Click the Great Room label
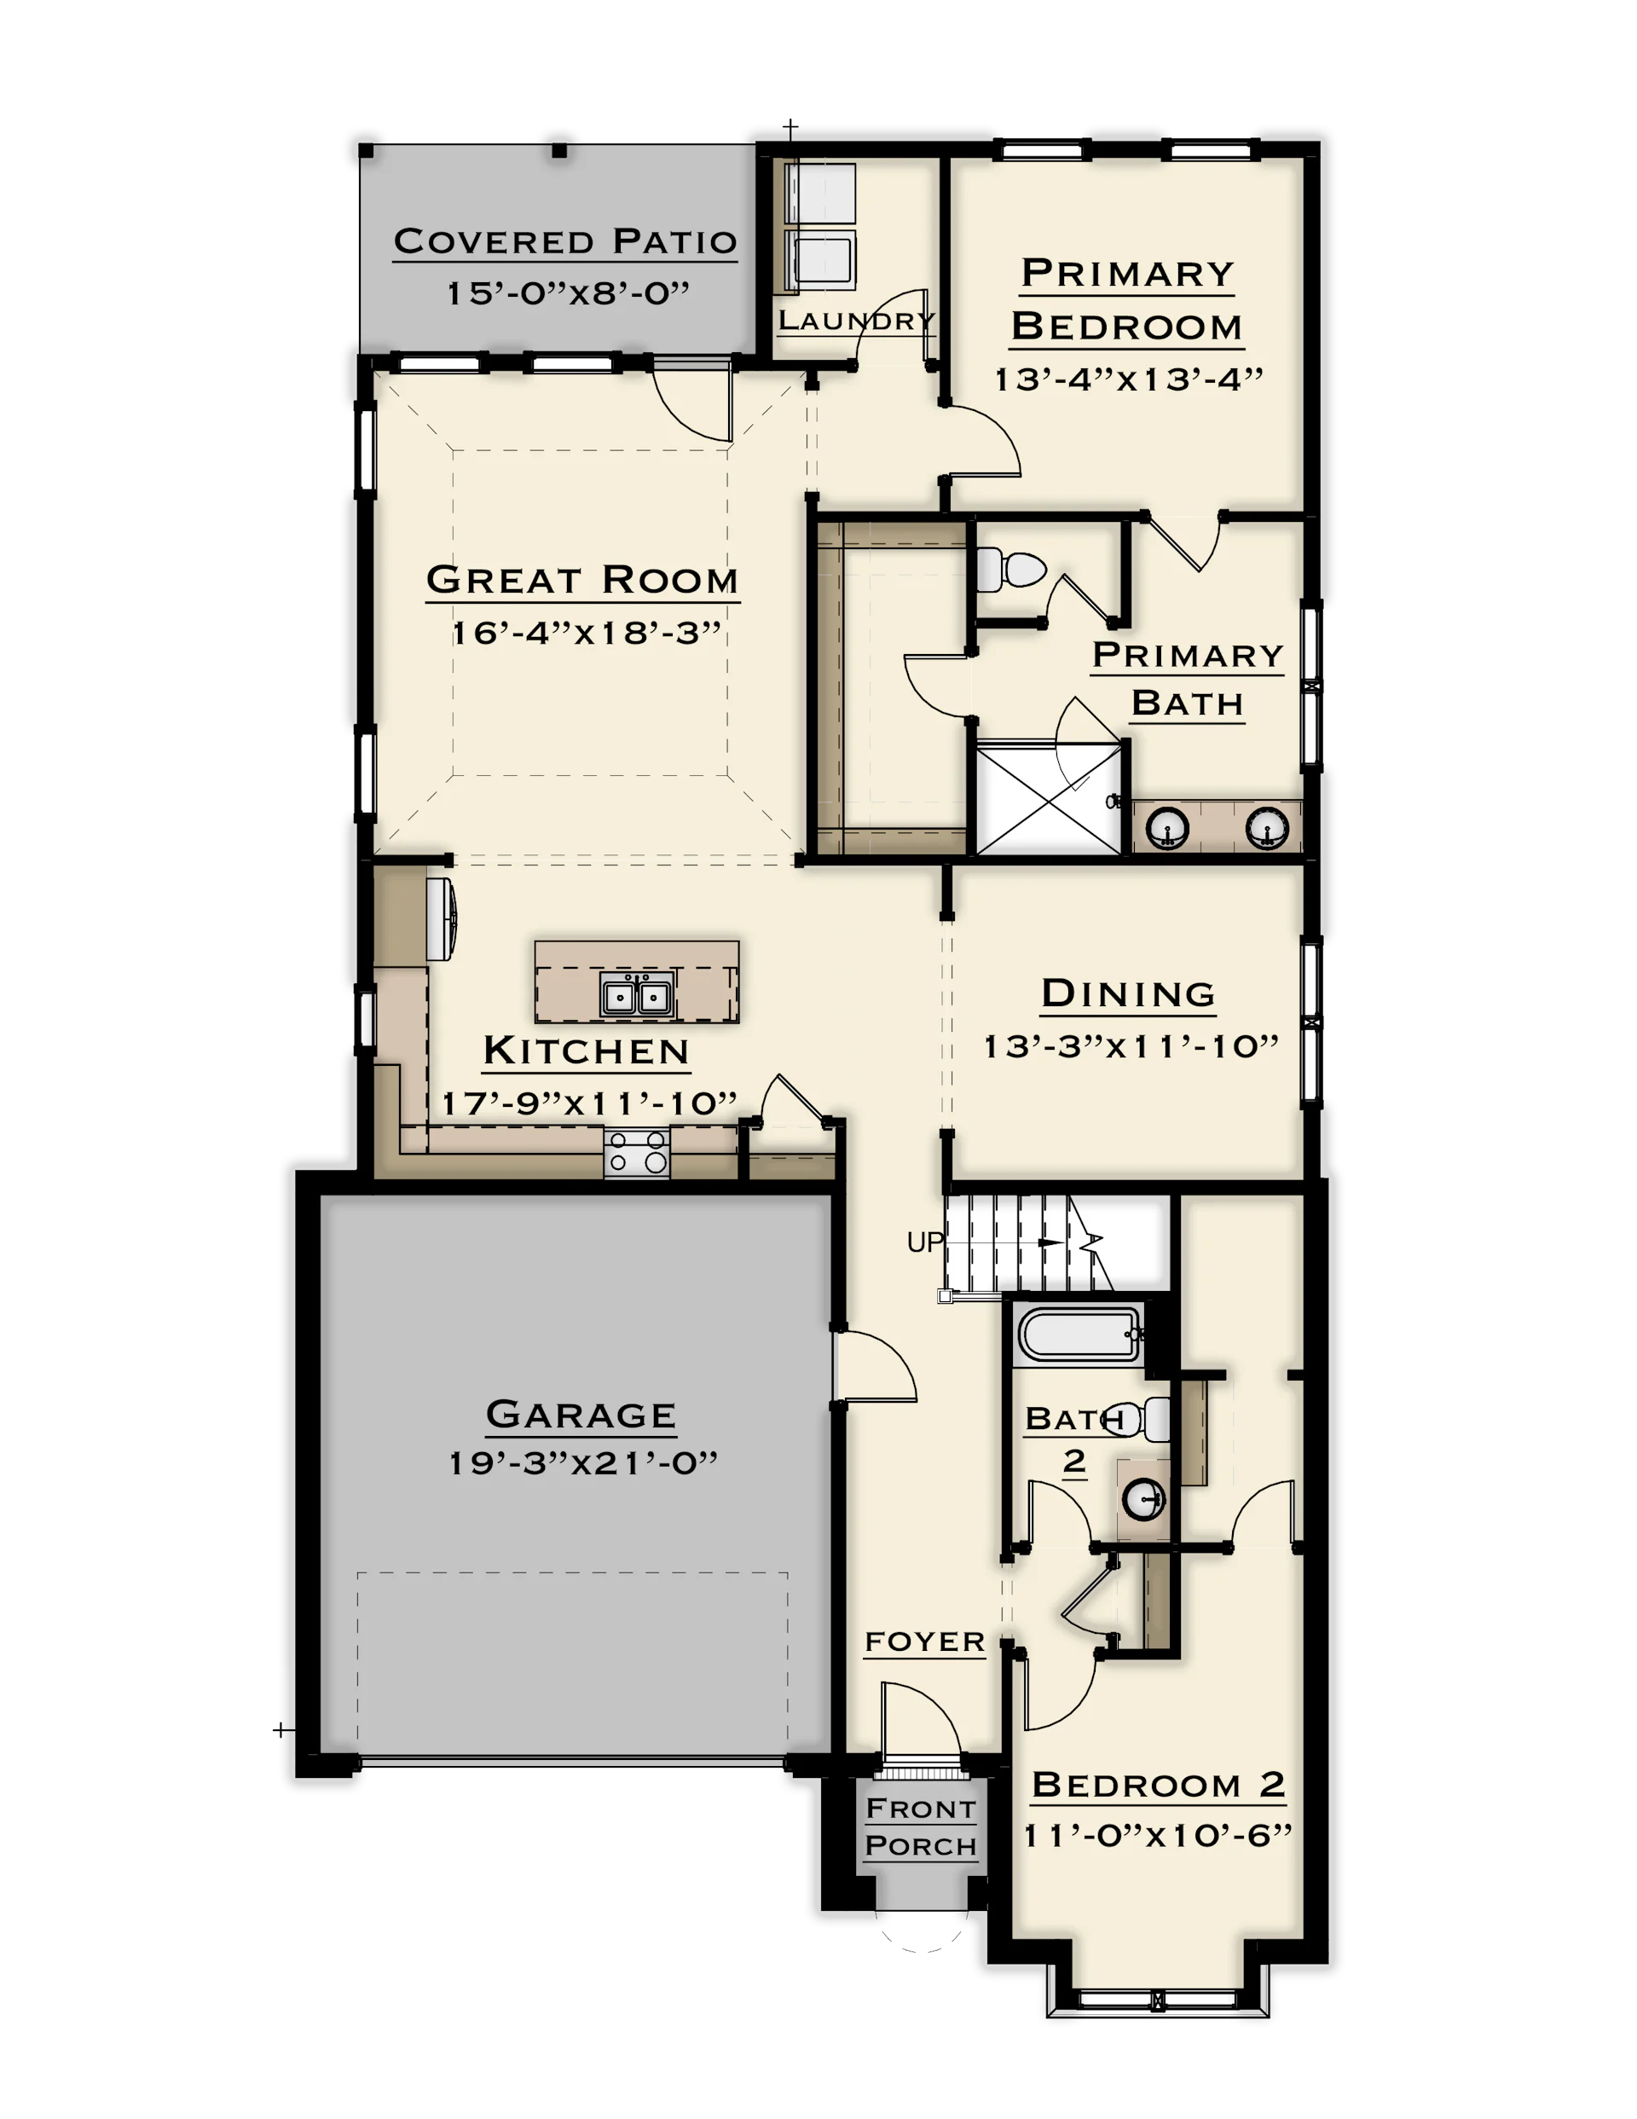tap(582, 579)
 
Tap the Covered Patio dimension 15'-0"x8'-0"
tap(568, 293)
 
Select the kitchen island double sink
tap(637, 994)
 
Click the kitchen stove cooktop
tap(637, 1153)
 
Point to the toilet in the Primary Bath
tap(1010, 570)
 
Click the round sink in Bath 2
tap(1143, 1499)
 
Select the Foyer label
tap(925, 1641)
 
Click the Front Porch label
tap(921, 1827)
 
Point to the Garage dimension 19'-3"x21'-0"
tap(582, 1462)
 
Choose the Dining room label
tap(1127, 993)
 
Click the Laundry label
tap(857, 320)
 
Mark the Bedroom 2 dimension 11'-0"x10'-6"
tap(1158, 1836)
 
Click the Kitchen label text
tap(586, 1051)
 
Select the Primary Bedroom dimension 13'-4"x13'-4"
tap(1129, 379)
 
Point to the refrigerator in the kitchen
tap(441, 920)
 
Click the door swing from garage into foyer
tap(876, 1366)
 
